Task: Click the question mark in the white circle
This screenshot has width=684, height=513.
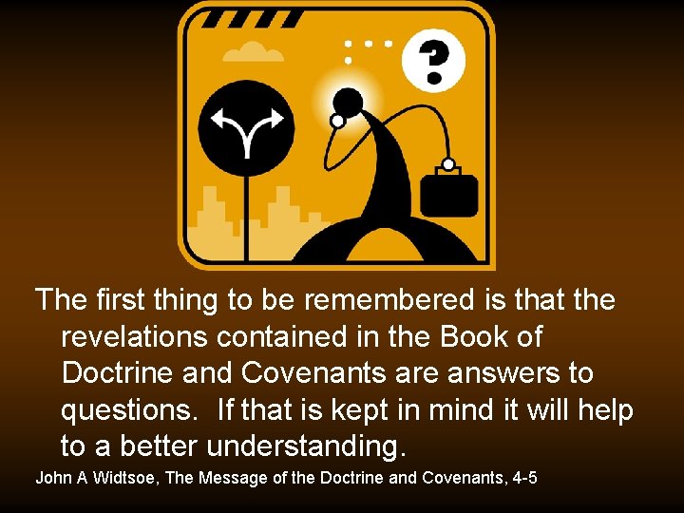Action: point(433,60)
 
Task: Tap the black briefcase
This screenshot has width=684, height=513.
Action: point(449,195)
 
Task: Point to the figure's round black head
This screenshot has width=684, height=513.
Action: point(348,102)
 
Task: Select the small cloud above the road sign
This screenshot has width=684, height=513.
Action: point(253,52)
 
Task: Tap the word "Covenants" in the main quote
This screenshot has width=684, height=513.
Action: point(332,372)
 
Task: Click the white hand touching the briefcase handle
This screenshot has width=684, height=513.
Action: point(447,164)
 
